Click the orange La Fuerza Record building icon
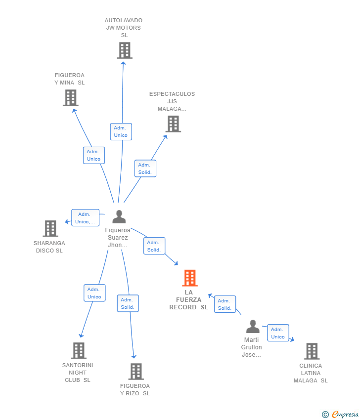[190, 278]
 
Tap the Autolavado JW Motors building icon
[125, 50]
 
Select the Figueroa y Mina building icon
[71, 98]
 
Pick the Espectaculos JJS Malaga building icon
[173, 124]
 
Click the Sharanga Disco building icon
[50, 229]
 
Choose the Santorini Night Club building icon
[79, 351]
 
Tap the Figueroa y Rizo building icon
[136, 372]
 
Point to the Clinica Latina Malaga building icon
[312, 351]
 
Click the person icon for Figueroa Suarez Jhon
[119, 217]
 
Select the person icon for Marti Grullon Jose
[253, 327]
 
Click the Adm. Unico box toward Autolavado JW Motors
[121, 131]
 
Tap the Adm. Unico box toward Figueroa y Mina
[93, 155]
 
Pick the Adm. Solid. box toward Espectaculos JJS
[145, 168]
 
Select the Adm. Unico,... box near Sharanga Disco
[85, 218]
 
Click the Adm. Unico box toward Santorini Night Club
[94, 293]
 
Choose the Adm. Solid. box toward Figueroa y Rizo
[128, 303]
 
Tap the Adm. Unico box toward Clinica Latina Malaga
[278, 333]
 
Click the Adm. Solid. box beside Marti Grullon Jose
[225, 304]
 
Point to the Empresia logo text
[345, 415]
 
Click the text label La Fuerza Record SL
[189, 300]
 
